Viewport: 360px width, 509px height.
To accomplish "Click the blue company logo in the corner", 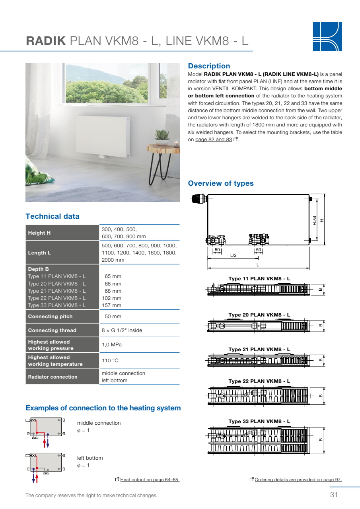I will click(327, 36).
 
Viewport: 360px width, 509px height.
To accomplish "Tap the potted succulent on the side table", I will click(162, 136).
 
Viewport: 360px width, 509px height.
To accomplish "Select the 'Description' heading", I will click(209, 66).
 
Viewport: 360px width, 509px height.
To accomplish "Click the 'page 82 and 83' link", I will click(214, 140).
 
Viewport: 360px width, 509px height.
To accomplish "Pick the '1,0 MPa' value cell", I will click(112, 344).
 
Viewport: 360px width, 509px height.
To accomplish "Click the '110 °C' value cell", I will click(110, 360).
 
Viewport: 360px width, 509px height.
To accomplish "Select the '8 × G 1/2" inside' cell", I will click(122, 330).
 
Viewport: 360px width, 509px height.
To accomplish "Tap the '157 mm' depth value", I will click(112, 305).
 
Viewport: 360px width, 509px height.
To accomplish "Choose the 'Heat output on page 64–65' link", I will click(150, 480).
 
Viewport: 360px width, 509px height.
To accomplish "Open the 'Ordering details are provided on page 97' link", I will click(298, 480).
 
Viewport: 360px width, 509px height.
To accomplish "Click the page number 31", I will click(333, 495).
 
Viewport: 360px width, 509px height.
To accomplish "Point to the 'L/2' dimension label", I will click(233, 255).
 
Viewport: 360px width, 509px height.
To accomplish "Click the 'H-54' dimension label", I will click(315, 221).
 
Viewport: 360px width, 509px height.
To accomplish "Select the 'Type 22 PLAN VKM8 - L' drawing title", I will click(259, 381).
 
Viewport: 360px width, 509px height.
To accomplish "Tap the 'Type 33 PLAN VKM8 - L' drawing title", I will click(259, 421).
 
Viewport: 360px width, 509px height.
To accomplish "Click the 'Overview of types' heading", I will click(220, 183).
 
